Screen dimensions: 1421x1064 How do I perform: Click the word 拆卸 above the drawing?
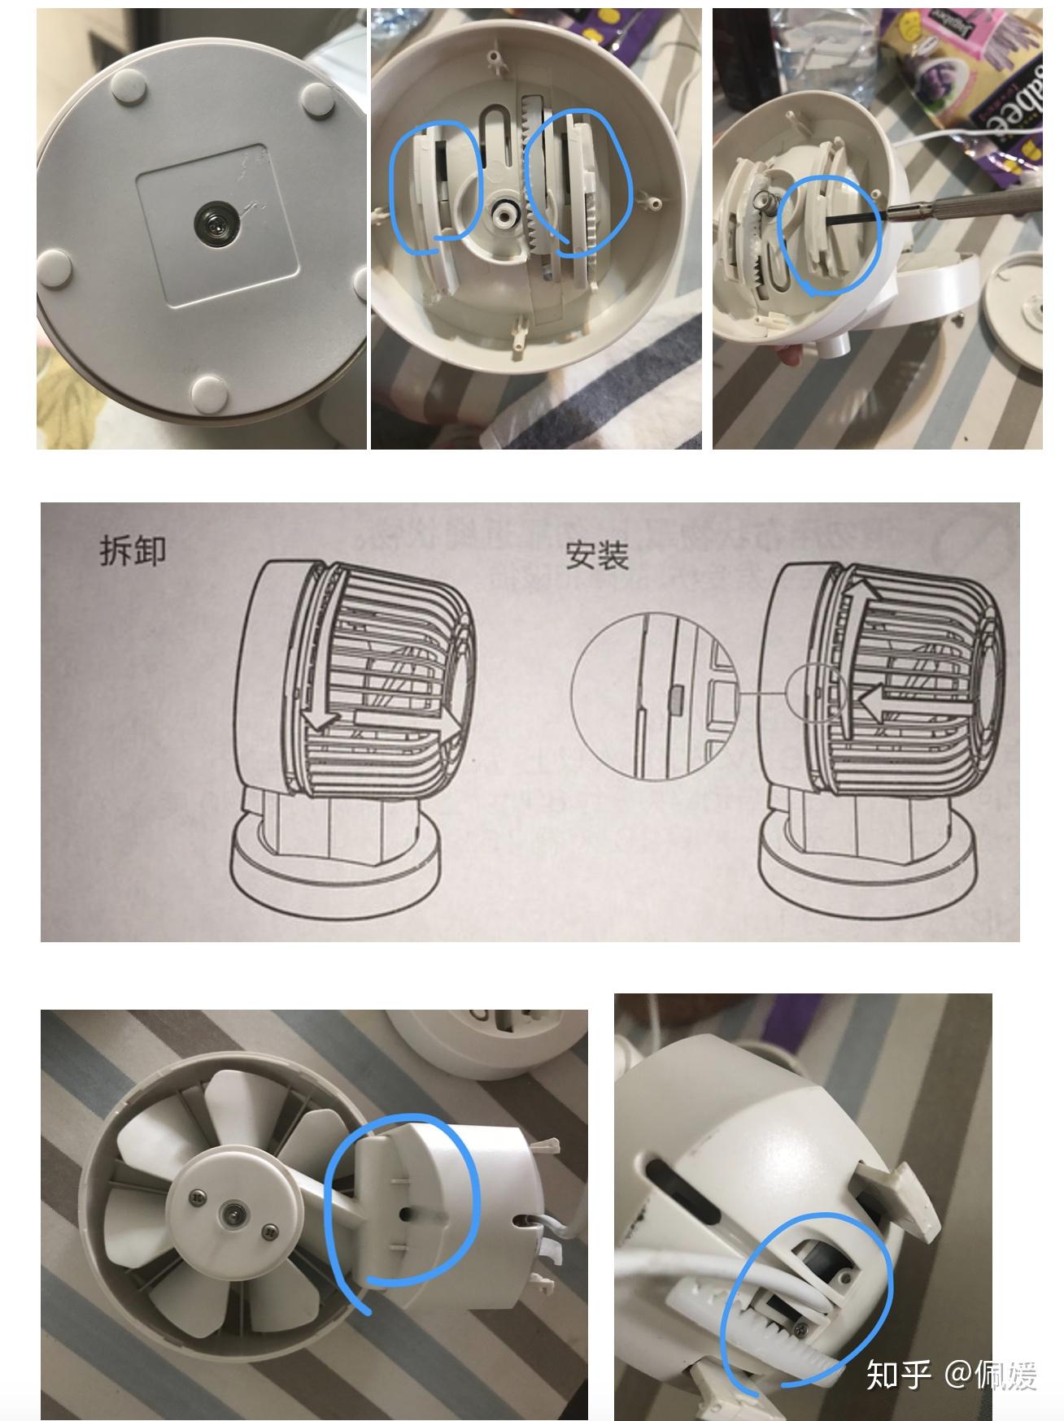pos(133,550)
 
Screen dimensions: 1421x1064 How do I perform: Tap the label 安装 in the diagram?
pos(597,556)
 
